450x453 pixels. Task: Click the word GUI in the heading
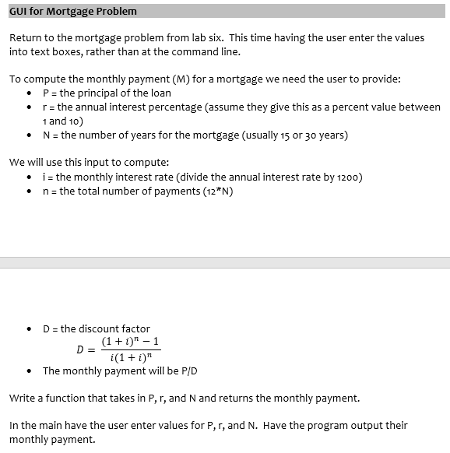click(19, 11)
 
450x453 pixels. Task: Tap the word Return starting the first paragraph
click(26, 38)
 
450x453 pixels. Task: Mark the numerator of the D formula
click(131, 341)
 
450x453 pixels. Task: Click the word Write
click(23, 399)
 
